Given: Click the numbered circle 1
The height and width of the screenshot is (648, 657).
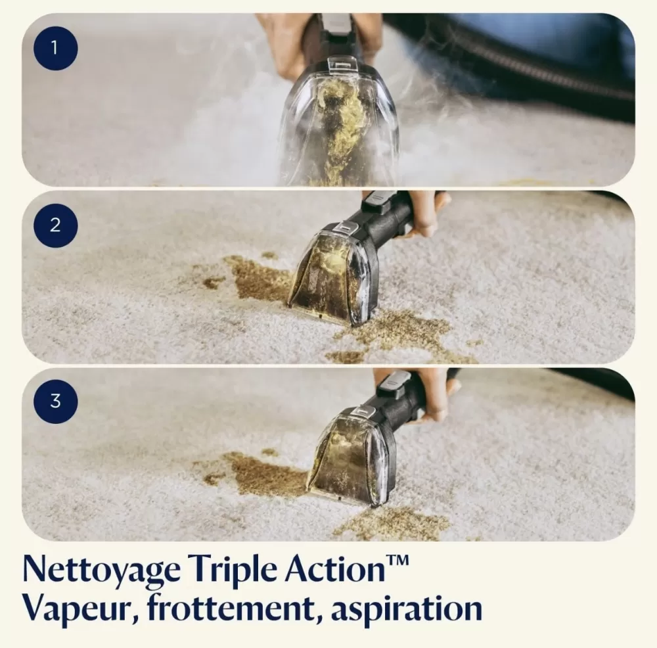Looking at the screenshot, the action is [55, 48].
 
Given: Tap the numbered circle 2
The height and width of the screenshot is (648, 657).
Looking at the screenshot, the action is [55, 225].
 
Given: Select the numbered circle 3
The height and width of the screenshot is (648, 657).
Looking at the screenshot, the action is [55, 401].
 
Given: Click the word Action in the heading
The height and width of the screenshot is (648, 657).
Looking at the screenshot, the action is [335, 568].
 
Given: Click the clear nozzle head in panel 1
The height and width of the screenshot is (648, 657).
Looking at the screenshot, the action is [340, 122].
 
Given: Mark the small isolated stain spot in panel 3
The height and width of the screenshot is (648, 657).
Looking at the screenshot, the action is [269, 452].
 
